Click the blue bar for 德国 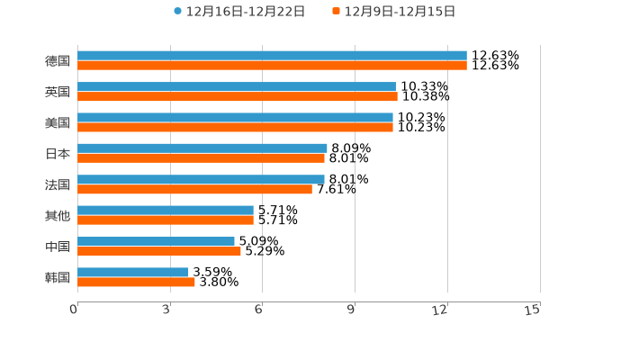click(x=272, y=56)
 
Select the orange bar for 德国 click(x=272, y=66)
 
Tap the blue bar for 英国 click(x=237, y=86)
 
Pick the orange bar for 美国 click(x=235, y=127)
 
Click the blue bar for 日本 click(x=202, y=148)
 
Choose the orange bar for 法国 click(x=194, y=189)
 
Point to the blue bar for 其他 click(x=166, y=210)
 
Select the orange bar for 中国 click(x=159, y=251)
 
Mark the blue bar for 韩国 click(x=133, y=272)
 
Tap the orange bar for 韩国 click(x=136, y=282)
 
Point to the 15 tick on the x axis click(x=533, y=310)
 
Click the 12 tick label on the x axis click(x=440, y=310)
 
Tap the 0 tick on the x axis click(x=74, y=310)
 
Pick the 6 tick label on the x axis click(x=258, y=310)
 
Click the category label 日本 click(x=58, y=154)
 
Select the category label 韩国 click(x=58, y=277)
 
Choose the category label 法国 click(x=58, y=184)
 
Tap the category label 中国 click(x=58, y=247)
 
